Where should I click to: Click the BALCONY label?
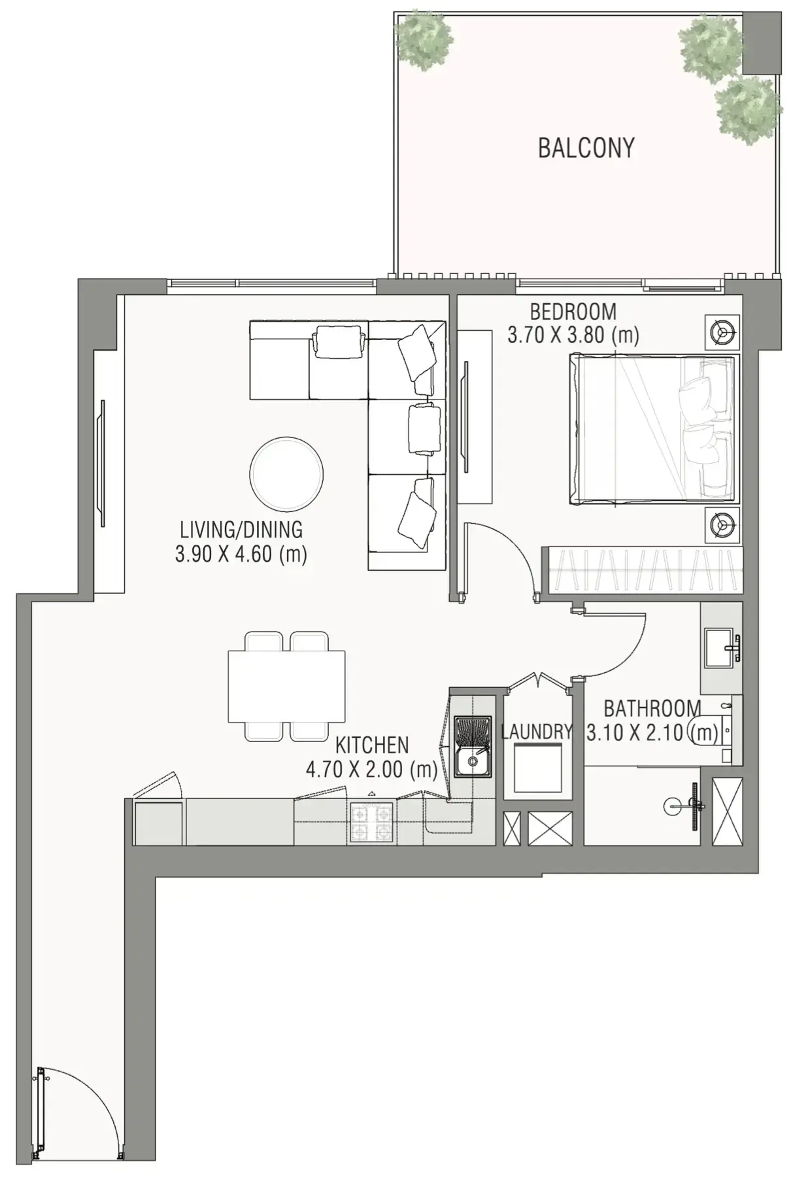coord(586,148)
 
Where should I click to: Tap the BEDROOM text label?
coord(573,311)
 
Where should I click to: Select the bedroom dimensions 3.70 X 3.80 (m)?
coord(573,335)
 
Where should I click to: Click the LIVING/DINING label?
coord(241,529)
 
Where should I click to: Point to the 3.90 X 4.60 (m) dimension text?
coord(241,554)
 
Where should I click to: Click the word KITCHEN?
coord(371,745)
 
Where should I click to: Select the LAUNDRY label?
coord(536,732)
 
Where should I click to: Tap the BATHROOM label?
coord(652,708)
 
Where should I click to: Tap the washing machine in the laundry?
coord(537,767)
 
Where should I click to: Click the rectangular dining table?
coord(286,686)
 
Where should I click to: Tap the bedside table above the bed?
coord(722,333)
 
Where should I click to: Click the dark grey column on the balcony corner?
coord(761,41)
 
